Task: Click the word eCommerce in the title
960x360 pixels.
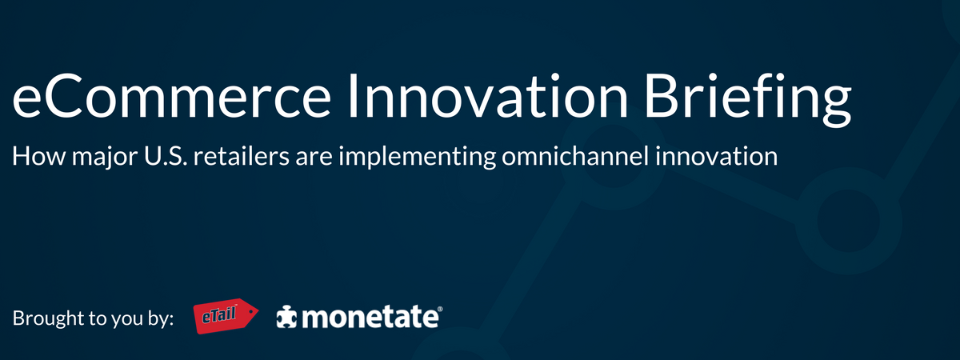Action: click(171, 97)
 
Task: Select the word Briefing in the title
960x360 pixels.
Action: click(748, 99)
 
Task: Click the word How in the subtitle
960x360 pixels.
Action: click(38, 156)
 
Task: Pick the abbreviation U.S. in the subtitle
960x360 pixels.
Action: click(166, 156)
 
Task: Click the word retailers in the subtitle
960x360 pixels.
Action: click(242, 155)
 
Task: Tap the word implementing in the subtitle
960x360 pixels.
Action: click(417, 158)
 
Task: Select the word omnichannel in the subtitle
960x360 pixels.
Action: click(575, 155)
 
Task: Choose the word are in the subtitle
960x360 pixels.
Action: click(314, 158)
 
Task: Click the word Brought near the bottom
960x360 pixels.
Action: click(47, 319)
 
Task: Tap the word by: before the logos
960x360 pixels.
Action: click(159, 319)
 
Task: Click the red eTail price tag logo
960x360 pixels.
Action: click(226, 316)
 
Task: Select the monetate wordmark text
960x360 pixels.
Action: click(370, 318)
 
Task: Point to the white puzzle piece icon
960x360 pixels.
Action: click(286, 317)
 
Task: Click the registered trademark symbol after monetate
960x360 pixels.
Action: click(440, 309)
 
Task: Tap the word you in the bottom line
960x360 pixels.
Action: click(126, 322)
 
